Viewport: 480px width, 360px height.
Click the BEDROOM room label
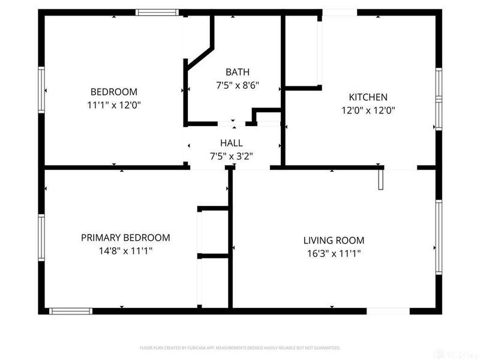point(113,92)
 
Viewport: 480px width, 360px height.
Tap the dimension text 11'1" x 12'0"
point(113,104)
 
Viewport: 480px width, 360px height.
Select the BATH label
point(237,72)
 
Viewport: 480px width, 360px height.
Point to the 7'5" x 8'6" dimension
point(237,85)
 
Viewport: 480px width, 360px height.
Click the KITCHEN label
point(368,97)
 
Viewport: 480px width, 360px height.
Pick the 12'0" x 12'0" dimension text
point(368,110)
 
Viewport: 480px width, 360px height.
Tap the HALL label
point(232,143)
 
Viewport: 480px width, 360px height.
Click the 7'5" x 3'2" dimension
point(232,155)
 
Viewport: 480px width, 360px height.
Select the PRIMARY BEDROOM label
point(125,238)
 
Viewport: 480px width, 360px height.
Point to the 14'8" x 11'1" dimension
point(125,251)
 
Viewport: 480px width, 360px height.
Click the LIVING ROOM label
point(334,240)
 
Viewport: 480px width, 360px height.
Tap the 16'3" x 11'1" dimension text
point(334,253)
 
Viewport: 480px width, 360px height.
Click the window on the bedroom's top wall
point(157,12)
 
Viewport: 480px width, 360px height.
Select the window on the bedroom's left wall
point(41,90)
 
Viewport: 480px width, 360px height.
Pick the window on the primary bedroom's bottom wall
point(70,311)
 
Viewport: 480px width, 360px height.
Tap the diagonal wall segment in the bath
point(200,53)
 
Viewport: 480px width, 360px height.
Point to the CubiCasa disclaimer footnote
point(240,348)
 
